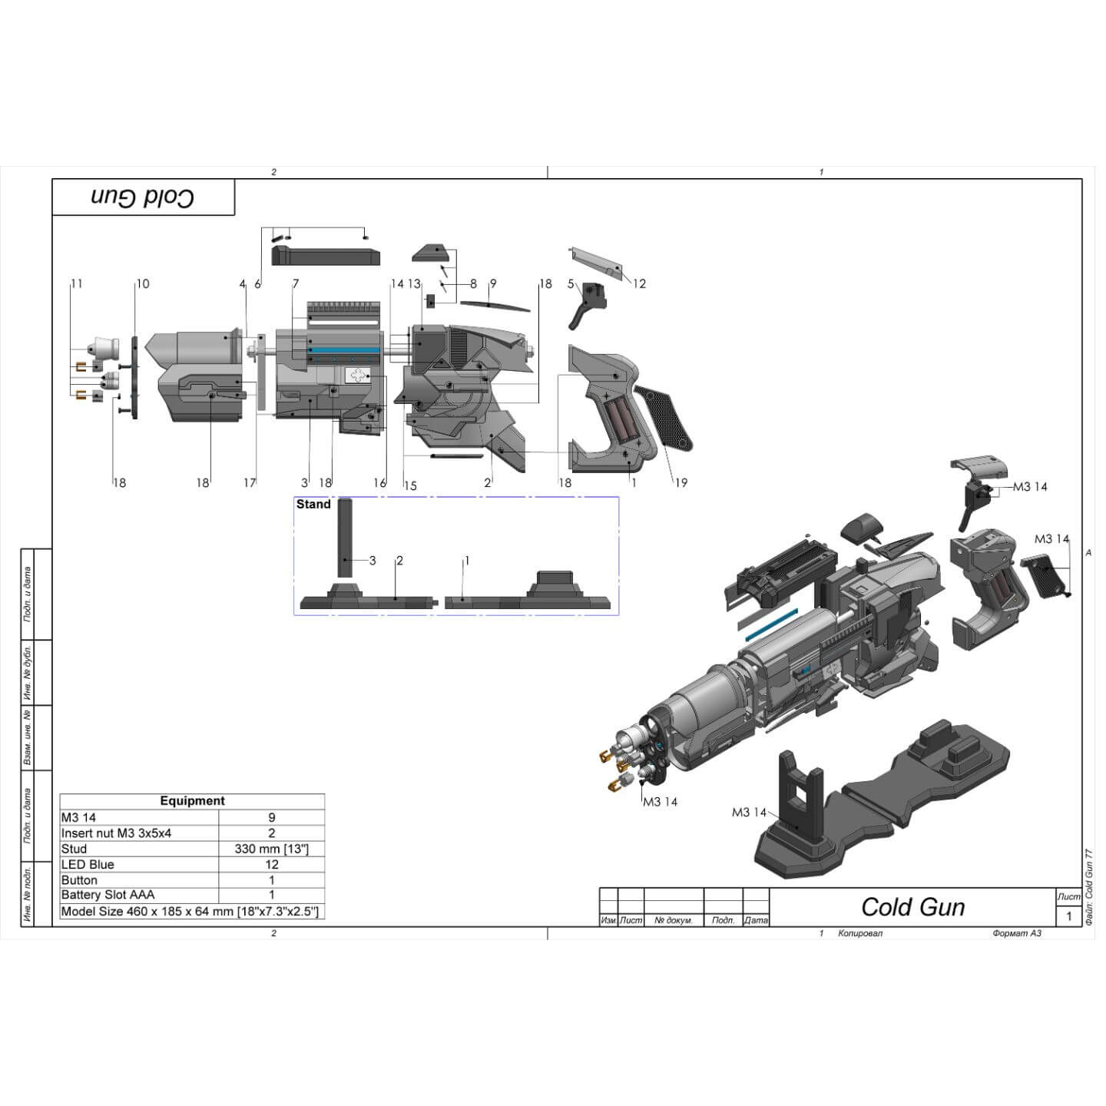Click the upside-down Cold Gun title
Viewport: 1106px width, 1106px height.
point(143,197)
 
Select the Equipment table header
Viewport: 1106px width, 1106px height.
point(192,801)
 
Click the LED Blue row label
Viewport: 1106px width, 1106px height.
point(88,864)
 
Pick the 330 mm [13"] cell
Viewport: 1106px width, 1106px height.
point(271,849)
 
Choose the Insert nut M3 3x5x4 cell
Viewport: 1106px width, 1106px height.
point(116,833)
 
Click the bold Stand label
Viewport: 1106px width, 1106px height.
point(313,504)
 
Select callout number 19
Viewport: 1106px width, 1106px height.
point(680,482)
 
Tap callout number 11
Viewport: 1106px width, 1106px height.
point(76,283)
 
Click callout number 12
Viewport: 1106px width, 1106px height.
point(639,283)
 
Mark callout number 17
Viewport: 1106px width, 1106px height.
point(250,482)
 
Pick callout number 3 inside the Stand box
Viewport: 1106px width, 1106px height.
point(373,561)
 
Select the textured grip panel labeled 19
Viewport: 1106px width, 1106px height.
point(662,416)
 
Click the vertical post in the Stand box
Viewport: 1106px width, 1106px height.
point(345,538)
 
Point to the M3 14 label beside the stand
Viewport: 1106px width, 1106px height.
point(749,812)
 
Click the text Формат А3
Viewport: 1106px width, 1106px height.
point(1016,933)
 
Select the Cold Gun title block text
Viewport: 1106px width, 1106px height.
point(912,907)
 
